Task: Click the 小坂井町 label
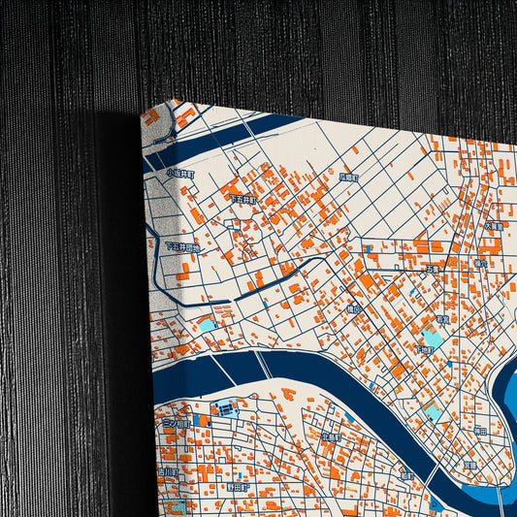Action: [x=180, y=173]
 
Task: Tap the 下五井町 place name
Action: [x=242, y=198]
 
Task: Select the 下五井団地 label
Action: [x=181, y=247]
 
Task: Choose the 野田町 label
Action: [x=239, y=486]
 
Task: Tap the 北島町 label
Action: [x=330, y=437]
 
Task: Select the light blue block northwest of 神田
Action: [x=434, y=413]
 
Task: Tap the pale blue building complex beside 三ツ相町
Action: [x=223, y=408]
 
